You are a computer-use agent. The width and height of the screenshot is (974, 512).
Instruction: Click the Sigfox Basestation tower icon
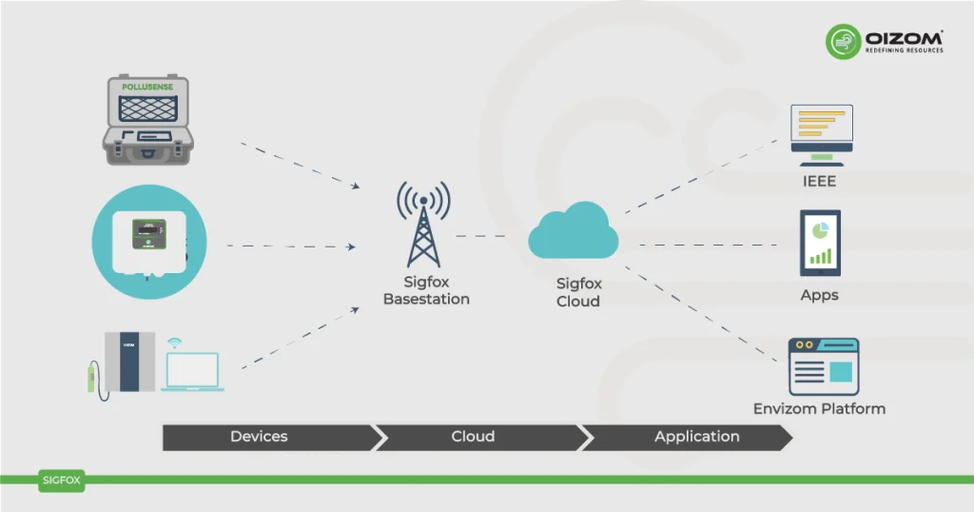pyautogui.click(x=423, y=226)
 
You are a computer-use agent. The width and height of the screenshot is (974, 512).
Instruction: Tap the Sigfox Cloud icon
pyautogui.click(x=574, y=233)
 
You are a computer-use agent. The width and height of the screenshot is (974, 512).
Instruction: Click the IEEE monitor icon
pyautogui.click(x=821, y=130)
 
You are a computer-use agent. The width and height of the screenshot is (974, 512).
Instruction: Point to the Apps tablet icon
pyautogui.click(x=820, y=243)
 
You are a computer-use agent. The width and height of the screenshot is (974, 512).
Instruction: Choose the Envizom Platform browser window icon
pyautogui.click(x=824, y=366)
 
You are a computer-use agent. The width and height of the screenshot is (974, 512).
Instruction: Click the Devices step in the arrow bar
pyautogui.click(x=259, y=437)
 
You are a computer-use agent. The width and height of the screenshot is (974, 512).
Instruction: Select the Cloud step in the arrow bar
pyautogui.click(x=473, y=437)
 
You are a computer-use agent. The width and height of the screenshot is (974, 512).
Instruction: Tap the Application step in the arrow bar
pyautogui.click(x=696, y=437)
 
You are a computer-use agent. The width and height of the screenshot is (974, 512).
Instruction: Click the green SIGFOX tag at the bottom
pyautogui.click(x=62, y=481)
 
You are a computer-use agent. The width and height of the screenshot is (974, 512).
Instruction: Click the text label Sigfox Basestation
pyautogui.click(x=426, y=291)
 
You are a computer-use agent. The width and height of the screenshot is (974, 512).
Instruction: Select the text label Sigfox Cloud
pyautogui.click(x=578, y=293)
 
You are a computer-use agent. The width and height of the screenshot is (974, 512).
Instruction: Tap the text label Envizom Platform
pyautogui.click(x=819, y=409)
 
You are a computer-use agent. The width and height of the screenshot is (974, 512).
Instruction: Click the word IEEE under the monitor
pyautogui.click(x=819, y=181)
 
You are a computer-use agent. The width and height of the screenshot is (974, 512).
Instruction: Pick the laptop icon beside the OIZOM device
pyautogui.click(x=192, y=371)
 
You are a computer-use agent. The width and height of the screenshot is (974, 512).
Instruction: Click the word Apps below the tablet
pyautogui.click(x=819, y=295)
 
